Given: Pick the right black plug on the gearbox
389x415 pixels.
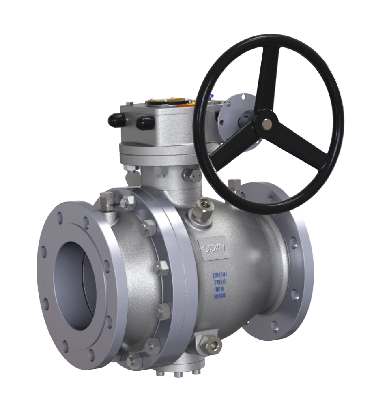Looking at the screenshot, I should point(145,122).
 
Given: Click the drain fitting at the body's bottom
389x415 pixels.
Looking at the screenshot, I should point(211,344).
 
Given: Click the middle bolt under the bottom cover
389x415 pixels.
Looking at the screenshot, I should point(178,374).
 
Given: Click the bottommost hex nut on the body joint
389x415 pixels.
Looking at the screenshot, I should point(134,360).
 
